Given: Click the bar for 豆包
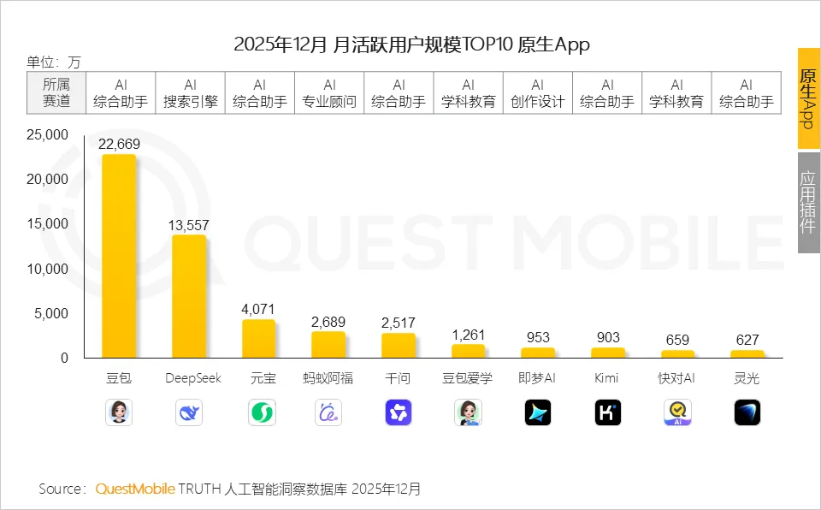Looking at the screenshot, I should [x=119, y=257].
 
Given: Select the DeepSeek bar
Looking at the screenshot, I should [x=189, y=296].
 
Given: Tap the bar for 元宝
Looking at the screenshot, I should [x=259, y=339].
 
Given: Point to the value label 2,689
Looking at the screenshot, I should [x=328, y=323].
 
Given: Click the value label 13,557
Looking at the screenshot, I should [x=189, y=225].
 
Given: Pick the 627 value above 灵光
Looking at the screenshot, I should [x=747, y=340].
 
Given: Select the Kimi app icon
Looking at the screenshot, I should [x=607, y=412].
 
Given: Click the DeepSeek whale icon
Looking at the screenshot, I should [x=189, y=412].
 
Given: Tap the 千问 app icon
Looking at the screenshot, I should [x=399, y=412].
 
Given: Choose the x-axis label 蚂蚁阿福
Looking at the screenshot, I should [x=328, y=378].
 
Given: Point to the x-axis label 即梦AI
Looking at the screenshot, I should [x=538, y=378].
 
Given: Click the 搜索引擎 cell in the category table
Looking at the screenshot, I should [x=190, y=93].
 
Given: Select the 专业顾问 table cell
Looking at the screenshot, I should [x=329, y=93].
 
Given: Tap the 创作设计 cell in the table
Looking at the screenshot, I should [x=538, y=93].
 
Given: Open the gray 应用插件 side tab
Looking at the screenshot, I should [x=808, y=203].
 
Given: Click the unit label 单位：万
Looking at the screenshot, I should [x=54, y=62].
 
